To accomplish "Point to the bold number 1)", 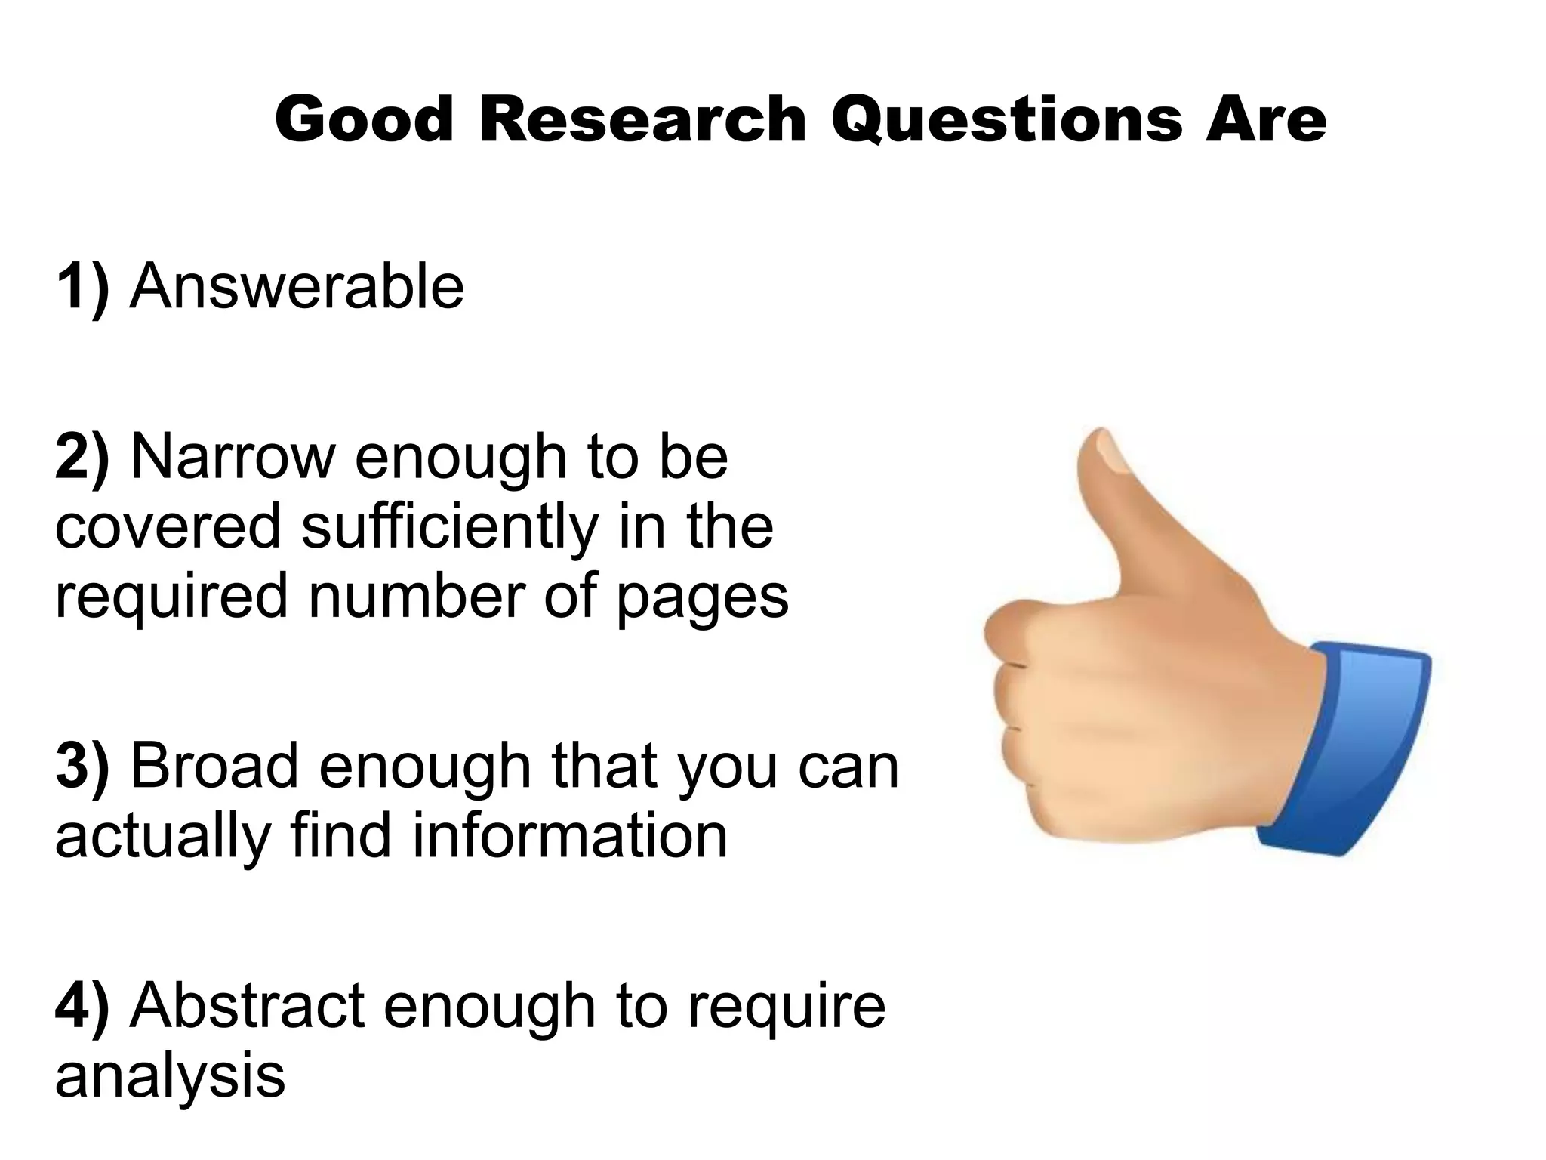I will (x=82, y=287).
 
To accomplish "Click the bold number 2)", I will (x=82, y=457).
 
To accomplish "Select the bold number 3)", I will (x=82, y=766).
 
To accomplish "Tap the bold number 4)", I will (x=82, y=1006).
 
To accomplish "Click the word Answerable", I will (x=297, y=287).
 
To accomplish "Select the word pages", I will (x=703, y=597).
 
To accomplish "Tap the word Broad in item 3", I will (x=214, y=766).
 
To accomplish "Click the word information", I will (x=570, y=835).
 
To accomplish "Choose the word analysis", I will (x=170, y=1077).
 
